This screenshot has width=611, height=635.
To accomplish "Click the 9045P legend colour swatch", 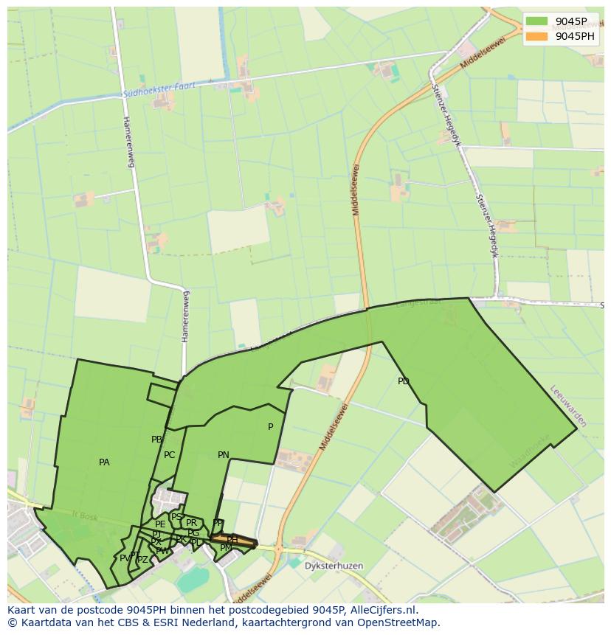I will point(537,21).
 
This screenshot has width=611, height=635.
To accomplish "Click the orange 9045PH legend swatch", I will point(537,36).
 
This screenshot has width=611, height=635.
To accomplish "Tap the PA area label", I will point(104,462).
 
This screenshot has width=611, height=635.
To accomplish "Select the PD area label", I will point(403,381).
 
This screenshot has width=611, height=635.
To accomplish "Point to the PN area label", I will point(224,455).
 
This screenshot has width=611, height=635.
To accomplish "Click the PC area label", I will point(170,455).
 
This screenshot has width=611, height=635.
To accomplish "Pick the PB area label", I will point(156,440).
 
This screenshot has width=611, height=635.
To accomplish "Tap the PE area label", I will point(160,524).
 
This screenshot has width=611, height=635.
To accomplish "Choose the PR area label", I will point(192,523).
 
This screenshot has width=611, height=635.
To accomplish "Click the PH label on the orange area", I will point(232,540).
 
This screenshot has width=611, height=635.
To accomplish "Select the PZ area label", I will point(142,560).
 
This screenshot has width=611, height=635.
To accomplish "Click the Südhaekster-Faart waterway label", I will point(160,90).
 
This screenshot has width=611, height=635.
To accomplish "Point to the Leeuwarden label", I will point(568,406).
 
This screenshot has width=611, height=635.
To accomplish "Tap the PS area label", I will point(177,517).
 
